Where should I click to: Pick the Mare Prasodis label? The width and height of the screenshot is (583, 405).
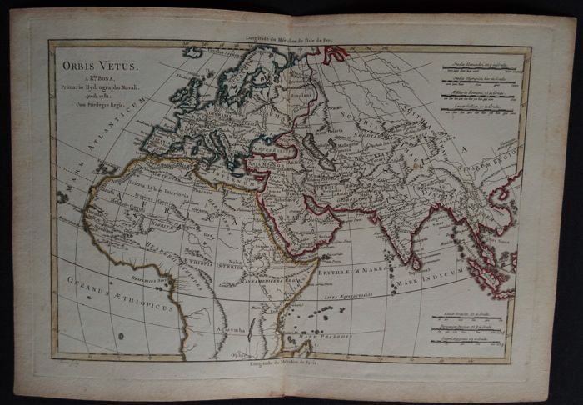tap(353, 335)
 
